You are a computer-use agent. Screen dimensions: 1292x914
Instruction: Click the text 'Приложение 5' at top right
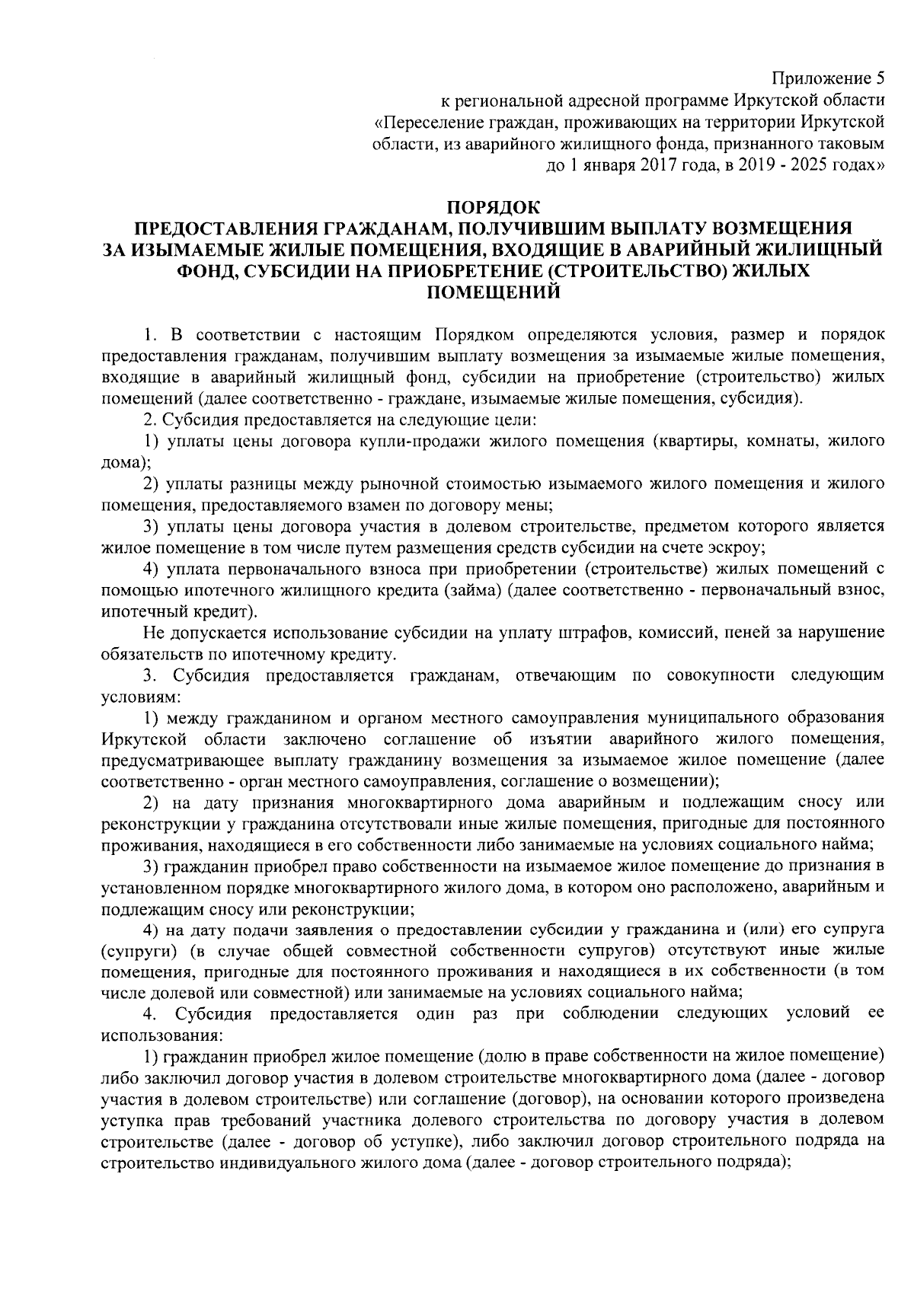(x=829, y=78)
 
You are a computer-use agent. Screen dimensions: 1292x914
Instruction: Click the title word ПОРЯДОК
(x=494, y=206)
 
